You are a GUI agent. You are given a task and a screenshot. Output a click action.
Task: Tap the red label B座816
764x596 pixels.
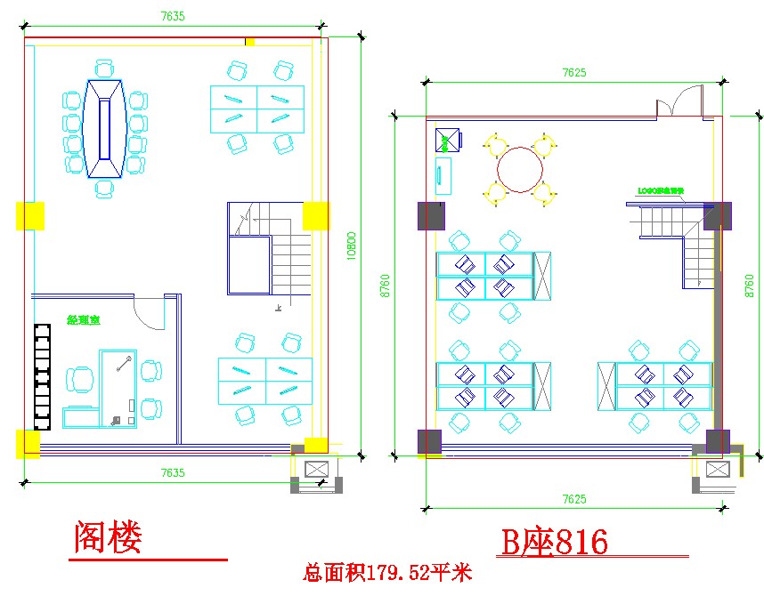pos(554,541)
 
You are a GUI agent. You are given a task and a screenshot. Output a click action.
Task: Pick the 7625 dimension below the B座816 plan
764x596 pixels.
pos(574,500)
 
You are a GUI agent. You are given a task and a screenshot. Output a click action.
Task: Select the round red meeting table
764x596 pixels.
pos(520,168)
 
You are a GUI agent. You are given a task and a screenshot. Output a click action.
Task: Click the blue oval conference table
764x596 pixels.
pos(104,127)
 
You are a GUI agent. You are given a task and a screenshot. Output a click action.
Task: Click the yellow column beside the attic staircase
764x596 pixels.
pos(315,215)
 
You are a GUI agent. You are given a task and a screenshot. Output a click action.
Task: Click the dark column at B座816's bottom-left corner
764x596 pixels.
pos(429,441)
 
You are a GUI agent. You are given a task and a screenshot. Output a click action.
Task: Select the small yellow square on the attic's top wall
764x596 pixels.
pos(250,41)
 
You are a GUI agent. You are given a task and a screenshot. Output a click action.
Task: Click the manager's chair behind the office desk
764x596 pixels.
pos(80,379)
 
